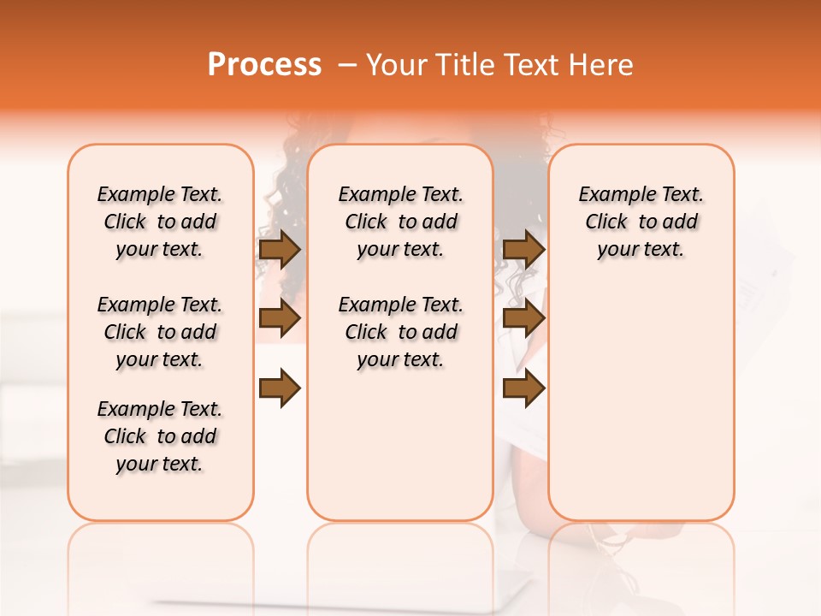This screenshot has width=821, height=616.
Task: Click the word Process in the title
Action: point(264,65)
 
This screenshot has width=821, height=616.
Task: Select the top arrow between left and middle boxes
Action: point(280,249)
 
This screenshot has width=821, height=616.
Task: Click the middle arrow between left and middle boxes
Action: point(280,318)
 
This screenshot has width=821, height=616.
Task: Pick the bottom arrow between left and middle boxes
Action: point(280,388)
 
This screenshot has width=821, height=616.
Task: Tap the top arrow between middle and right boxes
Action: point(523,249)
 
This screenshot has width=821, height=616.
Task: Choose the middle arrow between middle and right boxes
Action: point(523,318)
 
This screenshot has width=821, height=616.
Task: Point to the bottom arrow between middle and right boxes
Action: point(523,388)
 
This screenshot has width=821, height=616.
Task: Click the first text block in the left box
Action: point(160,222)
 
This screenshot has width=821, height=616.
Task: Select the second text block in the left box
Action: point(160,332)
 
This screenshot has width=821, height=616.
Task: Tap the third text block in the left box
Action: point(160,436)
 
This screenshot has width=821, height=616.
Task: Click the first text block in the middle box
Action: point(400,222)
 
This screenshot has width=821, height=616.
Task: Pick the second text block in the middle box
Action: point(400,332)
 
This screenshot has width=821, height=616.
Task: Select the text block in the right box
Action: point(641,222)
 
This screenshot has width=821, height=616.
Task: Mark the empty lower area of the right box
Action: point(641,402)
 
